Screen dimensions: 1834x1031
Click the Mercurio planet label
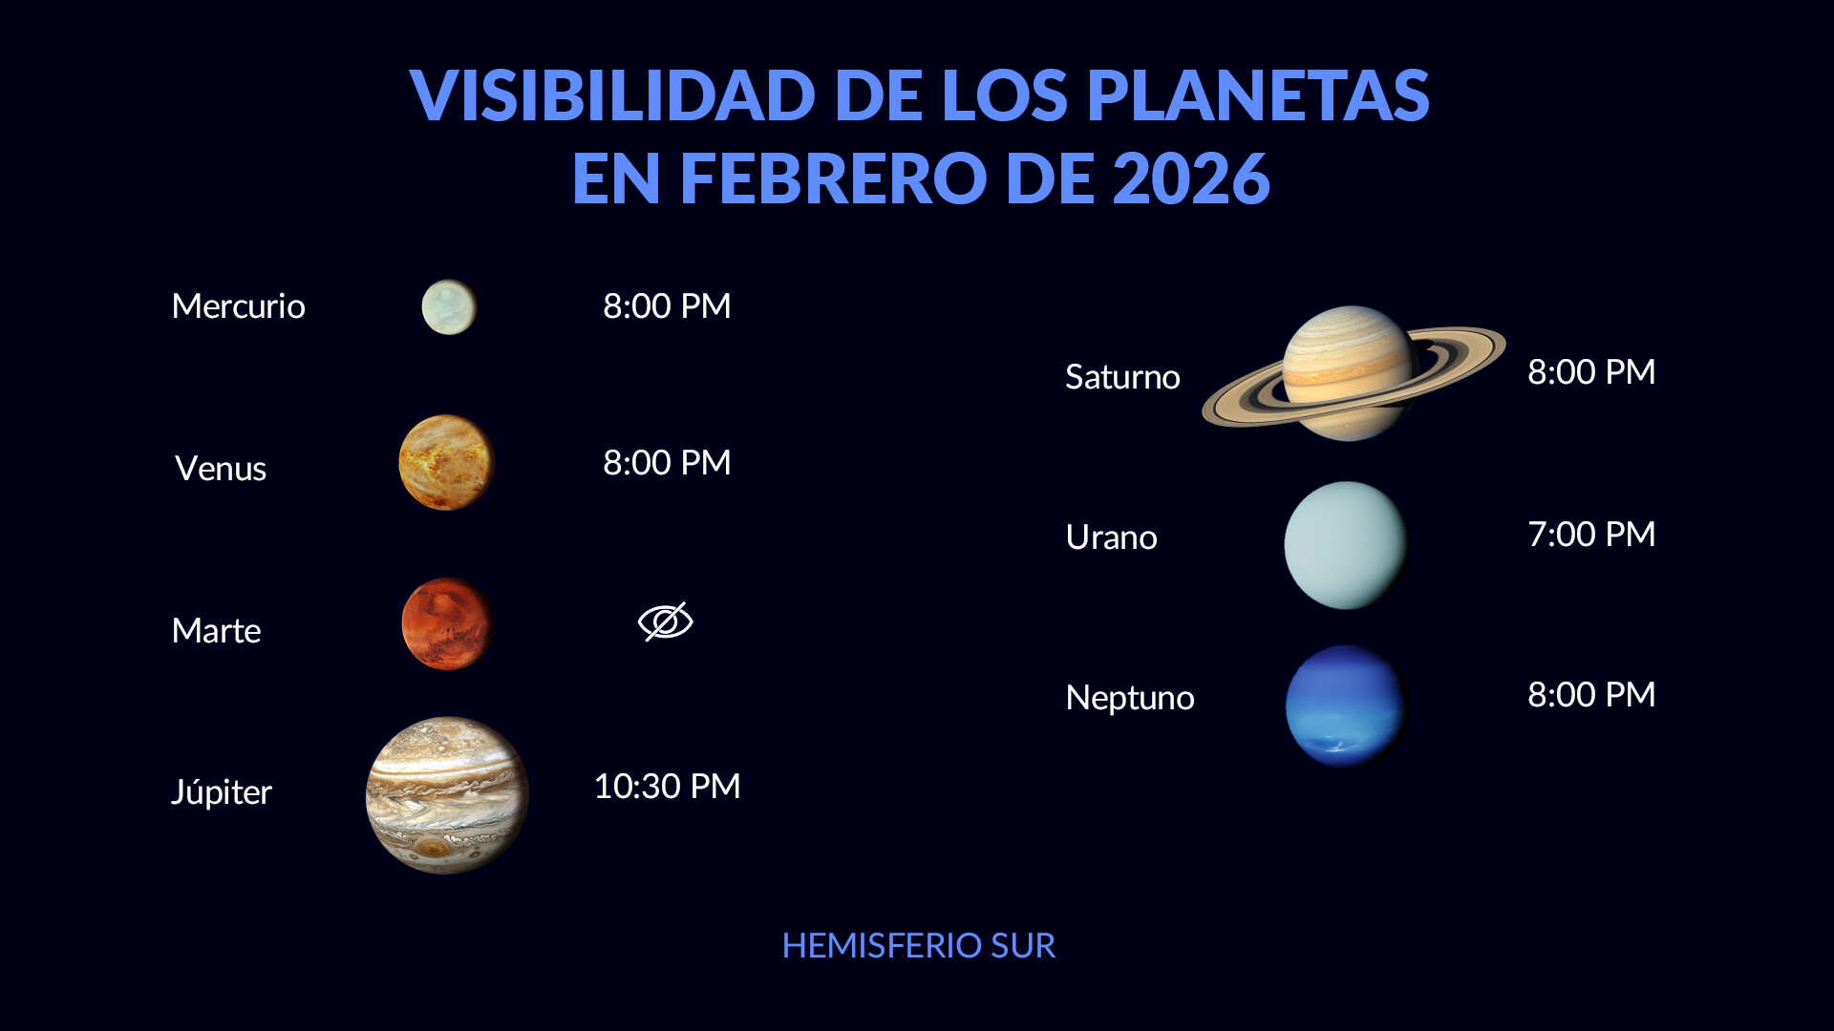pos(238,306)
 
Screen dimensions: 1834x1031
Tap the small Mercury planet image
pos(449,306)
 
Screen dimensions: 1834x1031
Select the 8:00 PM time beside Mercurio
pos(667,306)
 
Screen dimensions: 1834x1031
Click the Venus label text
pos(221,469)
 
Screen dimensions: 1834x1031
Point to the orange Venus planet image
pos(446,462)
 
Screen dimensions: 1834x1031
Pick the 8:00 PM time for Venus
pos(667,463)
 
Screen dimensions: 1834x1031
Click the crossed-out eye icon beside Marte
pos(666,621)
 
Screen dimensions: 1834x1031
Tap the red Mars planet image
pos(448,623)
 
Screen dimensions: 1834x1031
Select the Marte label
pos(216,631)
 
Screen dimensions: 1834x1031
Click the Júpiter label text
pos(222,792)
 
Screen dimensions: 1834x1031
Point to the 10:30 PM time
pos(667,787)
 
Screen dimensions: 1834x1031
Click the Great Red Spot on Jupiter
pos(435,849)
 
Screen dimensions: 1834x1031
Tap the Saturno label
pos(1122,377)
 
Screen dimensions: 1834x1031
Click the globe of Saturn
pos(1349,373)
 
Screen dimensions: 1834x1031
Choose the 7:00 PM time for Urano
pos(1591,535)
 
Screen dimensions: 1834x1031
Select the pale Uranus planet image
pos(1346,545)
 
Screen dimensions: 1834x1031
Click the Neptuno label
pos(1130,698)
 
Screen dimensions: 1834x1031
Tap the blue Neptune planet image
pos(1347,706)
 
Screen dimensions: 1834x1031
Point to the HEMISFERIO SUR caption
pos(919,946)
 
